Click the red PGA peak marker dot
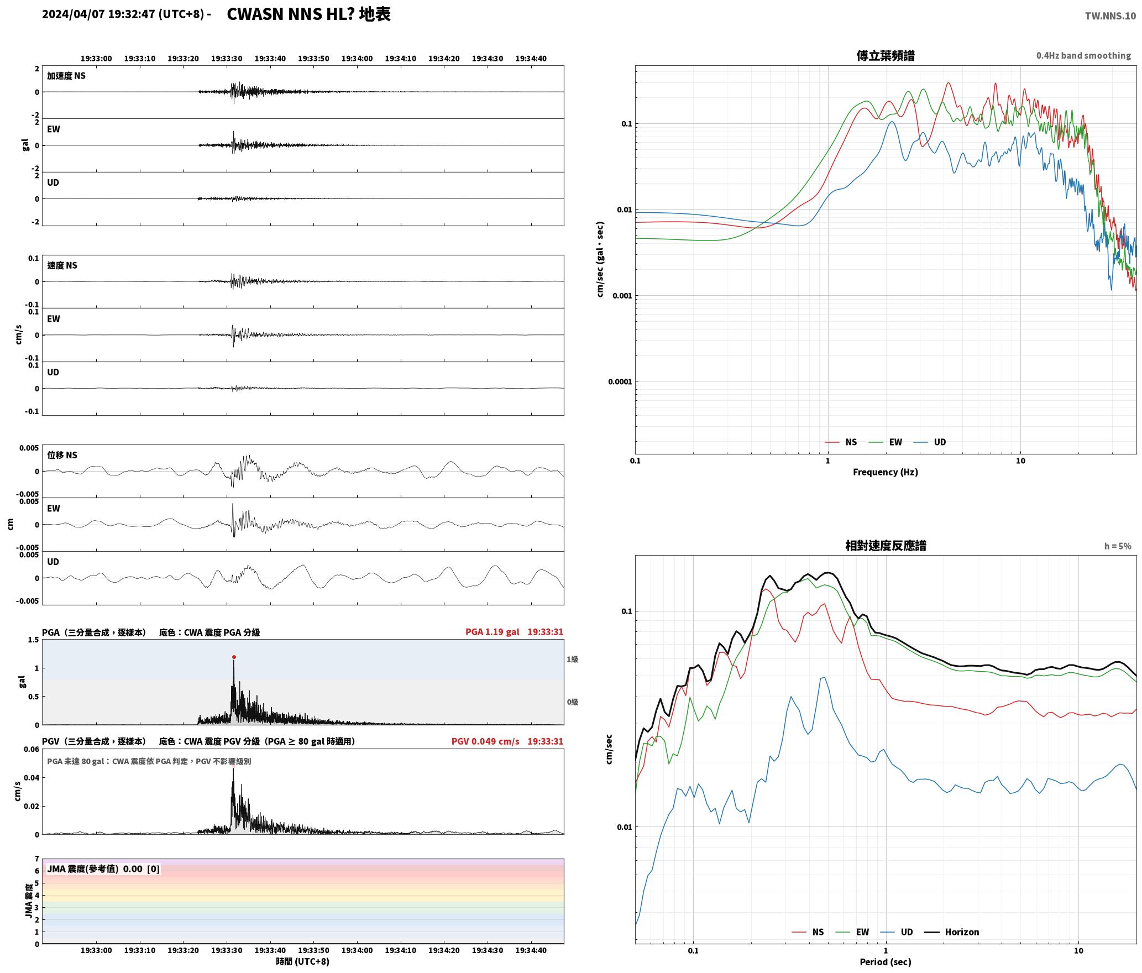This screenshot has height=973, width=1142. coord(234,657)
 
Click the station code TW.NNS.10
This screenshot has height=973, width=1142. coord(1110,15)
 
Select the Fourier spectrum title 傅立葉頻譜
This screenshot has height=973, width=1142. coord(886,55)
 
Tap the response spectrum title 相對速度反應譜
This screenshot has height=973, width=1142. coord(886,546)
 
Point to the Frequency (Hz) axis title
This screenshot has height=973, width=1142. coord(886,472)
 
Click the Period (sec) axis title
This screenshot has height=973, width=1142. coord(886,962)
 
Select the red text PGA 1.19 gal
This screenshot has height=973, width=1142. coord(493,632)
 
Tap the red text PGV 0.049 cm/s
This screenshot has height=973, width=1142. coord(485,741)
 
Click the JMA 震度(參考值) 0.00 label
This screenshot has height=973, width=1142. coord(95,869)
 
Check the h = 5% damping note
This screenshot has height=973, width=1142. coord(1118,546)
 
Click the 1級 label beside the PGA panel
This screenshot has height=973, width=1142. coord(572,660)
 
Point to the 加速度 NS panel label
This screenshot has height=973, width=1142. coord(66,76)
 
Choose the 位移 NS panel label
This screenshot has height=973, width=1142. coord(62,455)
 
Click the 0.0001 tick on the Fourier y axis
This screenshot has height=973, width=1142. coord(620,381)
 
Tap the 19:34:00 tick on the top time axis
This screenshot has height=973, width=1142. coord(357,59)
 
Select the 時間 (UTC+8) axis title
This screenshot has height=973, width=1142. coord(303,961)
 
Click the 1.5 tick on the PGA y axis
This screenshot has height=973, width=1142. coord(34,640)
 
